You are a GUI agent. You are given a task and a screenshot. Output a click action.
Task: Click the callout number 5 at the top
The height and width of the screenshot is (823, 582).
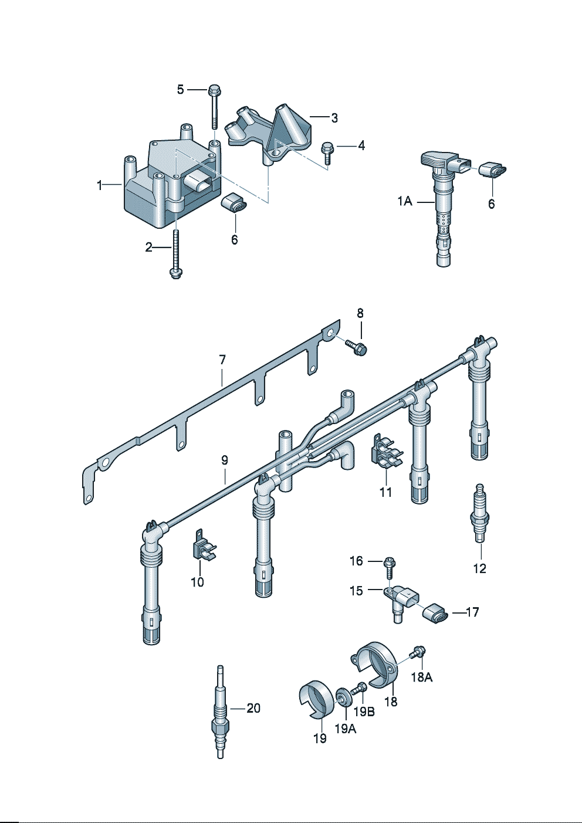(x=181, y=89)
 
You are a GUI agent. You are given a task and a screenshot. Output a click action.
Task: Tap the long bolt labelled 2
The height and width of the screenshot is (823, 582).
(x=175, y=252)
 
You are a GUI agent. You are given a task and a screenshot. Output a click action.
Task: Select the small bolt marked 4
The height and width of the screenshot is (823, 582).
(x=327, y=151)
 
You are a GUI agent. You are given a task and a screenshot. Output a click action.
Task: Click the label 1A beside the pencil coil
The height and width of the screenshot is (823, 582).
(x=405, y=201)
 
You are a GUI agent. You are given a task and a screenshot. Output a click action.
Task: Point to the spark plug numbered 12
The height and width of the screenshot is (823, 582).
(x=480, y=510)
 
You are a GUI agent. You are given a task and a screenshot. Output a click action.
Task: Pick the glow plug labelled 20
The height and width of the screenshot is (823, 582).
(x=221, y=713)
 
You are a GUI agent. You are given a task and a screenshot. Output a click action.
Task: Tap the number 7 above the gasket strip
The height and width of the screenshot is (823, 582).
(x=222, y=360)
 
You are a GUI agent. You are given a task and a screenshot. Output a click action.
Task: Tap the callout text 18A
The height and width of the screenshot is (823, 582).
(x=421, y=677)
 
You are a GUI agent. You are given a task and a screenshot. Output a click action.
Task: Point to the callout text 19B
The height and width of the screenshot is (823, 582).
(x=364, y=711)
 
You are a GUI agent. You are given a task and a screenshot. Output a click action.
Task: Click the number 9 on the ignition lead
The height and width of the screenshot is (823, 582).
(x=225, y=460)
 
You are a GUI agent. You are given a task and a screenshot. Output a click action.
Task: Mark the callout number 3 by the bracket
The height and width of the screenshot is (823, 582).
(x=334, y=118)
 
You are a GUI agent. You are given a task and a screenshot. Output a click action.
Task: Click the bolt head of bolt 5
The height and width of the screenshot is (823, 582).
(x=214, y=91)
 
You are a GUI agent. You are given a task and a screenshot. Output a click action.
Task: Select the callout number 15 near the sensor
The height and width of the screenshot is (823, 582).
(x=356, y=590)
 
